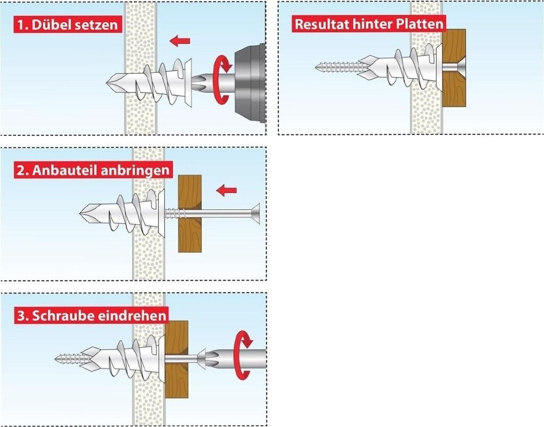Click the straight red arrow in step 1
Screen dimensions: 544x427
(x=180, y=41)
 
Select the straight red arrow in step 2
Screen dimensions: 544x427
(x=226, y=190)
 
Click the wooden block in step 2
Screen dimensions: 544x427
(x=190, y=213)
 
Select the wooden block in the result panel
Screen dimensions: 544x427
(x=454, y=68)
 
